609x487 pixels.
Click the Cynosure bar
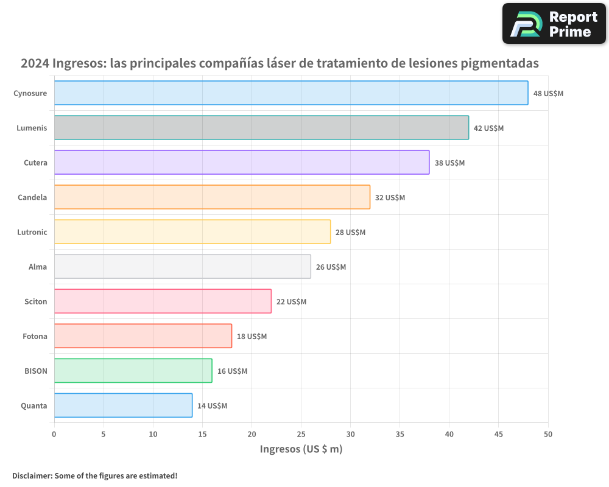point(291,93)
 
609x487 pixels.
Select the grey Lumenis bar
point(261,128)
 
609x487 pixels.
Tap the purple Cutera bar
point(242,163)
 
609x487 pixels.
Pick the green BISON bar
point(133,371)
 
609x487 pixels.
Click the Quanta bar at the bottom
point(123,405)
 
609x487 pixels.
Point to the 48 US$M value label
point(548,94)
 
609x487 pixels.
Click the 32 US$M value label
point(390,198)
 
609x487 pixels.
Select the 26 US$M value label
point(331,267)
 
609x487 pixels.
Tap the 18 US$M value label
point(252,337)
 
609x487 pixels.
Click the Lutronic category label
point(32,232)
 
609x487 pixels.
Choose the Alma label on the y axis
point(38,267)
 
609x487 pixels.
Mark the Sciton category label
point(36,301)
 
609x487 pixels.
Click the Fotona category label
point(35,336)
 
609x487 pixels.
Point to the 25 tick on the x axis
point(301,434)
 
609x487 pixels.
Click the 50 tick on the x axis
point(548,434)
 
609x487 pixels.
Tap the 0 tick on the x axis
point(54,434)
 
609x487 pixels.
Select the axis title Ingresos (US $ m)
point(301,449)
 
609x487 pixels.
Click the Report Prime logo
point(554,24)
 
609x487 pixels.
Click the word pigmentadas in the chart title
point(500,63)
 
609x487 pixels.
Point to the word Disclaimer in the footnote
point(31,475)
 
